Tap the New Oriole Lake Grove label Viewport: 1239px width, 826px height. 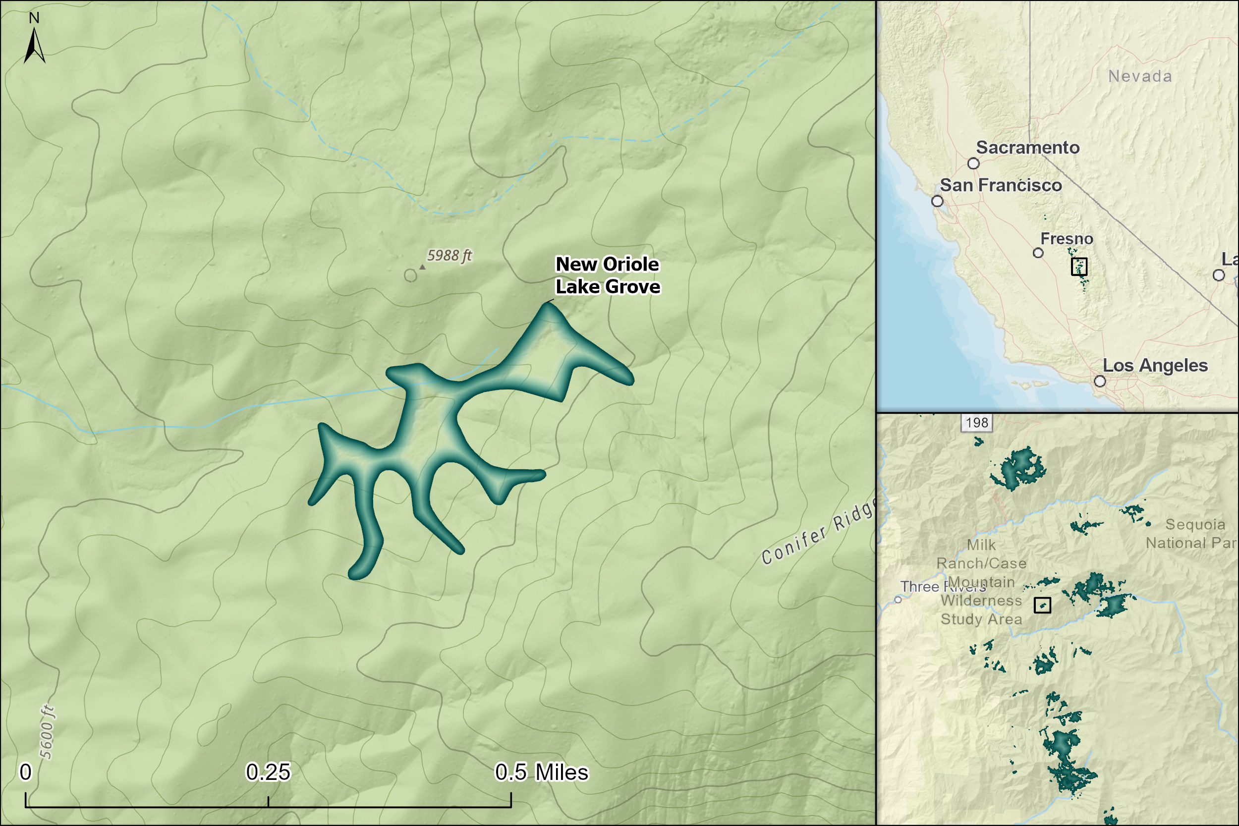pyautogui.click(x=608, y=275)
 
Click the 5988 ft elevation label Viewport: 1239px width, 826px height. pyautogui.click(x=449, y=256)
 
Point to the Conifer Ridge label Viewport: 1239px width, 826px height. pyautogui.click(x=818, y=532)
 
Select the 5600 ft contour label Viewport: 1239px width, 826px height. pyautogui.click(x=47, y=732)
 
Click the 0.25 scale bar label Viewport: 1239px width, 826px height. pyautogui.click(x=268, y=772)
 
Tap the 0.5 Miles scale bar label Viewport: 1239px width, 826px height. pyautogui.click(x=542, y=772)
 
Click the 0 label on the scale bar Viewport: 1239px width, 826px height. pyautogui.click(x=25, y=772)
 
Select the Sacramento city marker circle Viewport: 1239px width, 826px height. pyautogui.click(x=973, y=164)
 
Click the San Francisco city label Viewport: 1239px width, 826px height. pyautogui.click(x=1001, y=185)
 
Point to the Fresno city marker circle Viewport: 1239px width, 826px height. pyautogui.click(x=1038, y=253)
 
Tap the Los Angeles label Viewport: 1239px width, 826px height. pyautogui.click(x=1155, y=366)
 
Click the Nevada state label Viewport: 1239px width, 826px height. pyautogui.click(x=1140, y=76)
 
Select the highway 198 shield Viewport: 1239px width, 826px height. pyautogui.click(x=977, y=423)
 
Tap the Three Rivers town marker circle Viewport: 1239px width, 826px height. pyautogui.click(x=898, y=600)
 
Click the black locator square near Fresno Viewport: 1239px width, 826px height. pyautogui.click(x=1079, y=267)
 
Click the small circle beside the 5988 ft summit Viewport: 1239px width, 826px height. pyautogui.click(x=410, y=275)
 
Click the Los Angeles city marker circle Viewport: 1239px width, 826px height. pyautogui.click(x=1100, y=381)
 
